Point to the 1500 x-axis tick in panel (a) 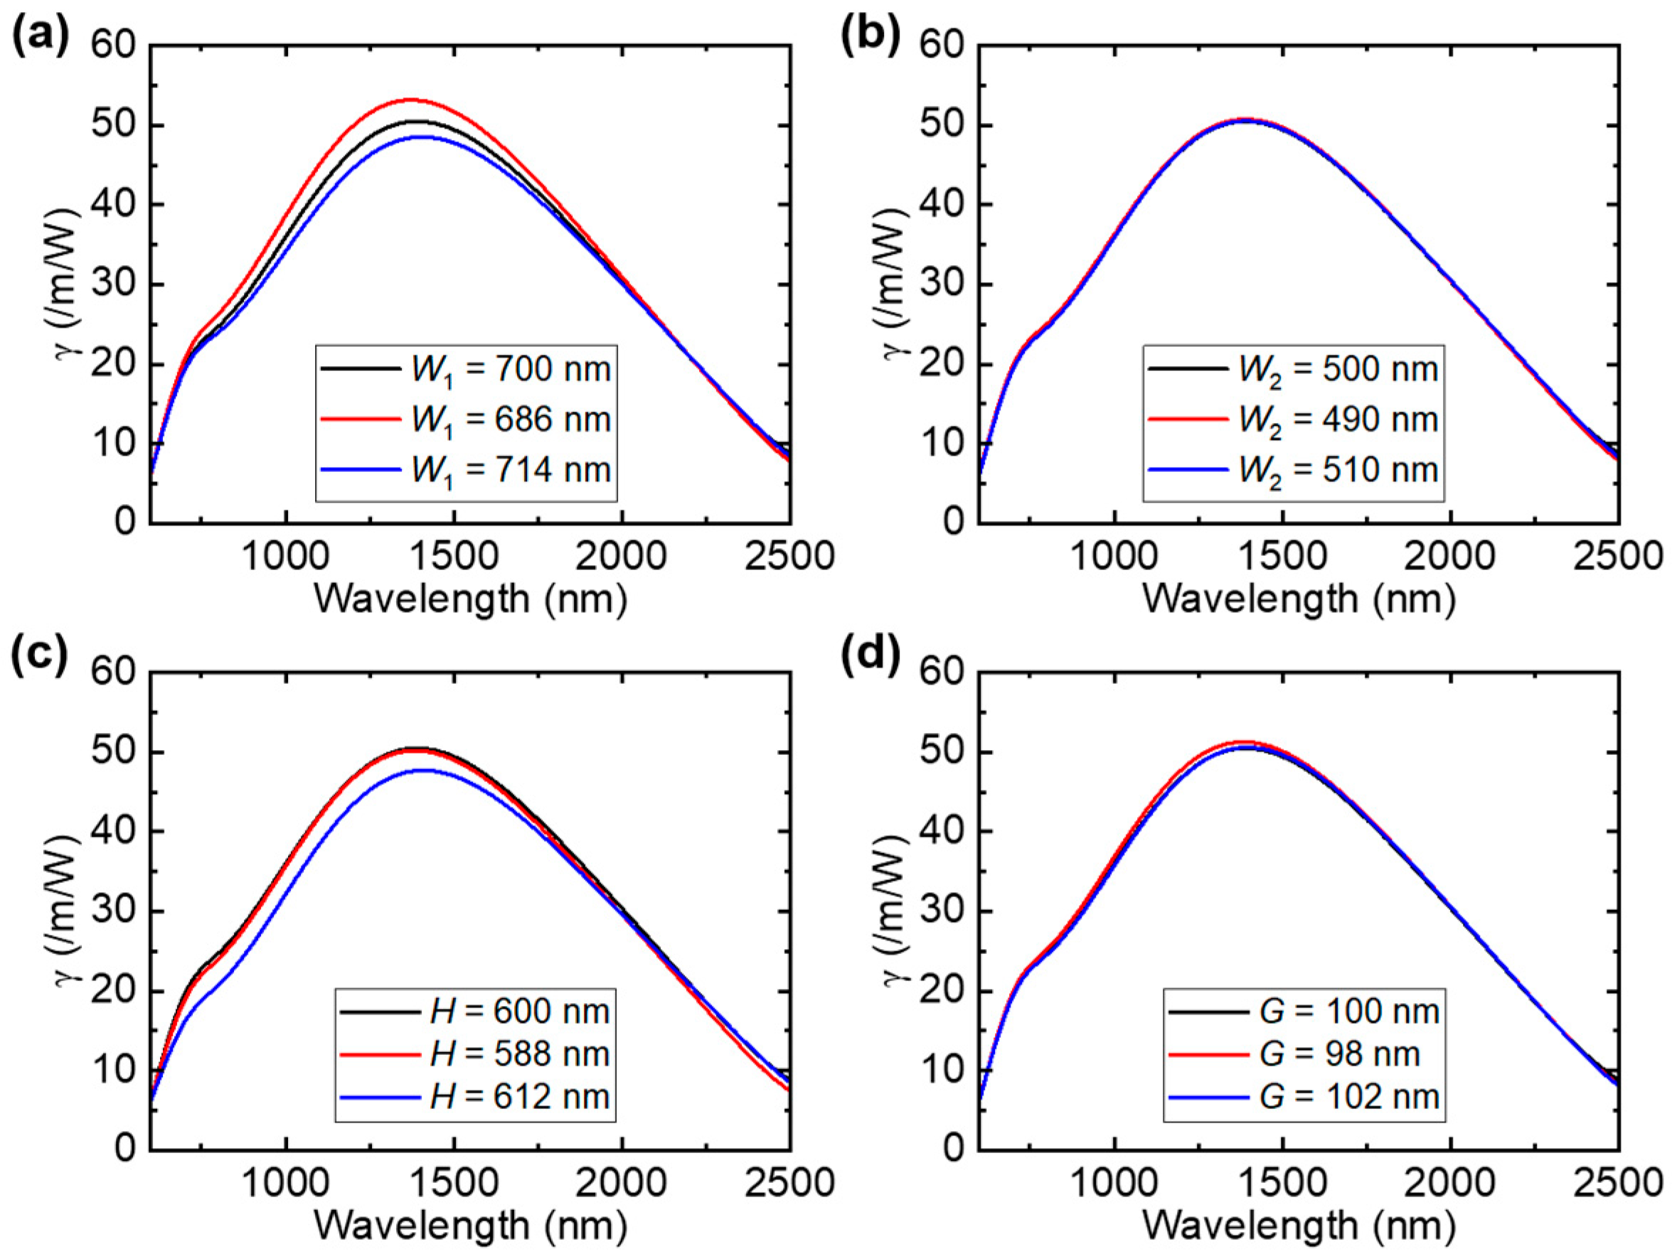454,557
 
